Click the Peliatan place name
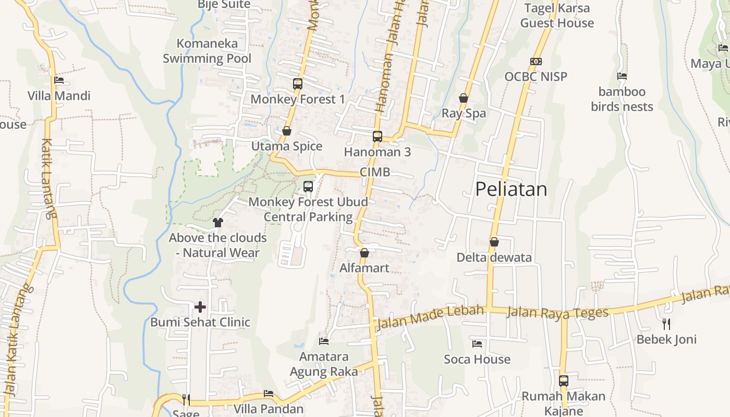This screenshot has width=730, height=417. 511,189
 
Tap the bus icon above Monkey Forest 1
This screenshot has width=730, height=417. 297,83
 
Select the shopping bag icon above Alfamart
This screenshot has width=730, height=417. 364,253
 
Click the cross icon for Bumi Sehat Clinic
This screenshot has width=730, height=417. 200,307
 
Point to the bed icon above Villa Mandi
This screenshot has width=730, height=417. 59,80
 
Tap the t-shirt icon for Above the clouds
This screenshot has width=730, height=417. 218,223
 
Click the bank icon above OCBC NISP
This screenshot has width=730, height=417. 536,62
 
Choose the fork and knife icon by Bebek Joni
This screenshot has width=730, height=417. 666,324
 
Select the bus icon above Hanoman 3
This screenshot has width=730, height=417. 378,137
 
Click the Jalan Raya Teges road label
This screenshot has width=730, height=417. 557,313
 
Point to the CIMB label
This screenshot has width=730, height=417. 375,172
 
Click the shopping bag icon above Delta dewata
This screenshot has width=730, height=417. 494,242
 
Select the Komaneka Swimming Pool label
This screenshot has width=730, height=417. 207,51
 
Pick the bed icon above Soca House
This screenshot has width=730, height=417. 477,344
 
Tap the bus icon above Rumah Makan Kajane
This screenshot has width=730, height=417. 564,381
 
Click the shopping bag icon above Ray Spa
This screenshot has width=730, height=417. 463,98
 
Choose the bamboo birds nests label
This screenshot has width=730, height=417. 622,99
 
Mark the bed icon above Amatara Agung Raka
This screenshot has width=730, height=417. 324,341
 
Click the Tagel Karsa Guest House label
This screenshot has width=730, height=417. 557,16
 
